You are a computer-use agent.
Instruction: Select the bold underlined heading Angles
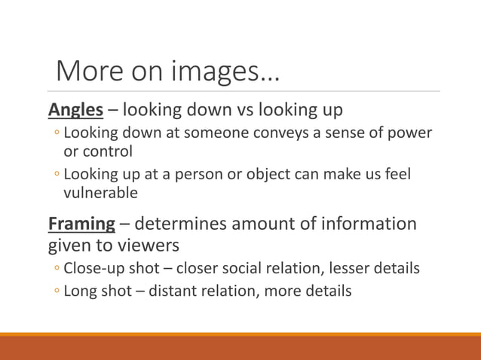tap(75, 110)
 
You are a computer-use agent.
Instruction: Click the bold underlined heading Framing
tap(81, 224)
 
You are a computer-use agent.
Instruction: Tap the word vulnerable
tap(101, 193)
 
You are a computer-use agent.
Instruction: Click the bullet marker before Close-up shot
tap(57, 269)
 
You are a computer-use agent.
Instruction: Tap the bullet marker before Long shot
tap(57, 291)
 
